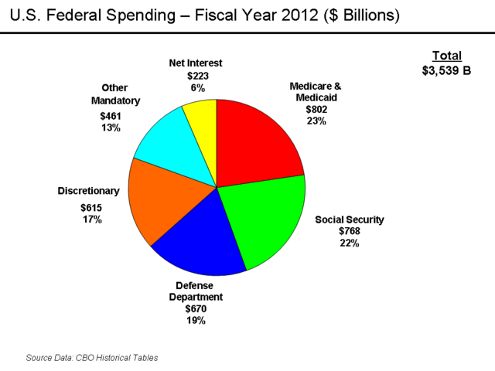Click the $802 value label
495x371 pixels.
[316, 110]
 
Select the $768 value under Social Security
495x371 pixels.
[348, 231]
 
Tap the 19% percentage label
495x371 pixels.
[196, 320]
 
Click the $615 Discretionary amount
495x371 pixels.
[90, 207]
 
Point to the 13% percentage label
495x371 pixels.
[111, 128]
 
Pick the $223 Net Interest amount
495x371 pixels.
[198, 77]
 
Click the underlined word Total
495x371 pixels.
[446, 56]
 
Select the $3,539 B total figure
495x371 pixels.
[446, 70]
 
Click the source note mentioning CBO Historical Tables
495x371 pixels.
[92, 358]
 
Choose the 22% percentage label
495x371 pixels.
[349, 243]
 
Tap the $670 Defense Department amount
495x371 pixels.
[196, 308]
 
